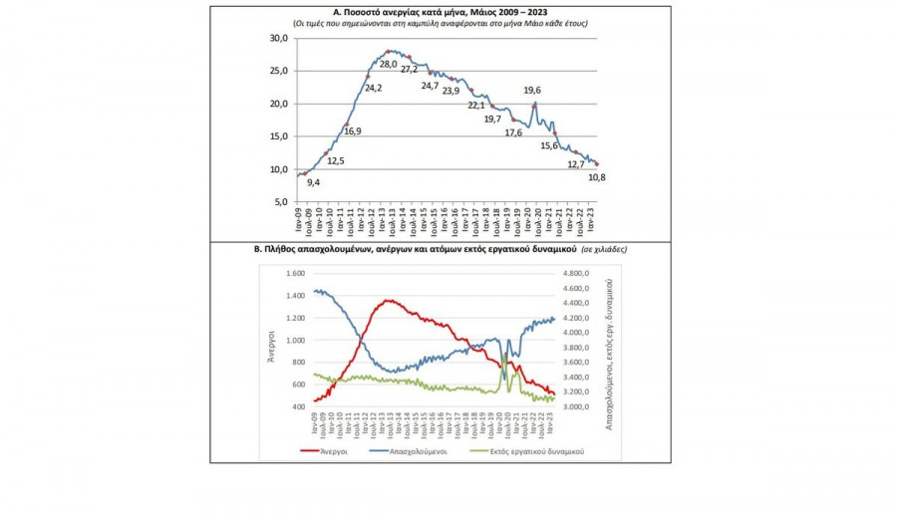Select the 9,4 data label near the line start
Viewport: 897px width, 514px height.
tap(313, 182)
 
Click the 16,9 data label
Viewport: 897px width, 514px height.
tap(353, 130)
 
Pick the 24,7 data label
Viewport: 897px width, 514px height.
tap(430, 86)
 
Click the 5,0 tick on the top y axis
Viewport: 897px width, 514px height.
tap(282, 202)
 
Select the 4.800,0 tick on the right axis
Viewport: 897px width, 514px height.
tap(578, 273)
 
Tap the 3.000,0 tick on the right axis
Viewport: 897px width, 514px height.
tap(578, 406)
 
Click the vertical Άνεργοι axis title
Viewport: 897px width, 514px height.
tap(270, 340)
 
